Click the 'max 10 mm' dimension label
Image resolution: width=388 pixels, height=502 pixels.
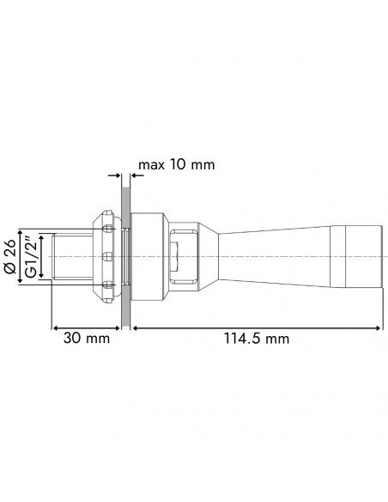[x=176, y=164]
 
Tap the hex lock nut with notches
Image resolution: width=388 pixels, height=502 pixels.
[x=105, y=257]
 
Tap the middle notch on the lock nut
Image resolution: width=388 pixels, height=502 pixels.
[x=105, y=257]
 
